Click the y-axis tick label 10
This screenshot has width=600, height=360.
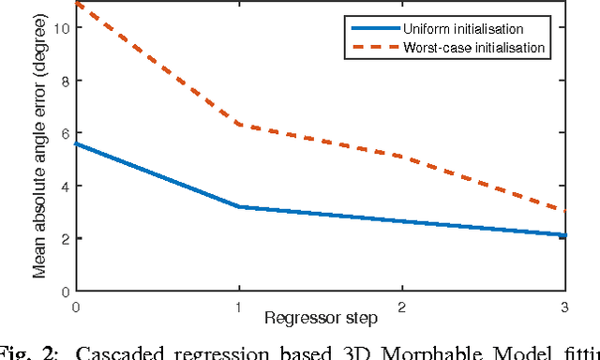(x=62, y=28)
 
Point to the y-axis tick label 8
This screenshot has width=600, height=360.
(x=65, y=81)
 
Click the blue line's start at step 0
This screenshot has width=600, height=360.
(x=76, y=143)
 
